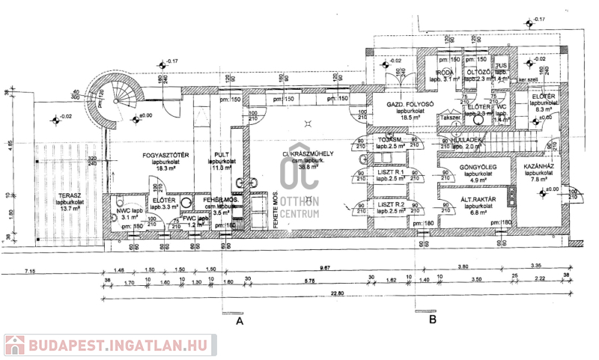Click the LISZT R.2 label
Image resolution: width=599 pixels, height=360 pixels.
(x=391, y=204)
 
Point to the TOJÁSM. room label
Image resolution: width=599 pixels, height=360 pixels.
(x=391, y=140)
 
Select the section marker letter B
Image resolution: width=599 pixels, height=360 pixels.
(x=432, y=320)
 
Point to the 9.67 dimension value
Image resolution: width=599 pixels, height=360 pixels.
(x=324, y=268)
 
